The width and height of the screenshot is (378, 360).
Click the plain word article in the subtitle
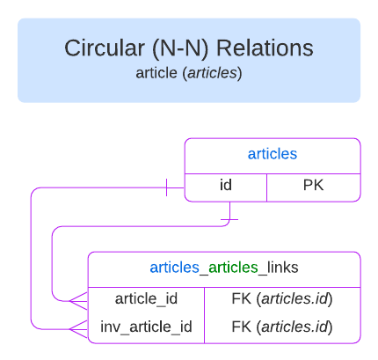click(x=156, y=72)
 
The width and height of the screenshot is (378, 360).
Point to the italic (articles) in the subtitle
click(x=212, y=72)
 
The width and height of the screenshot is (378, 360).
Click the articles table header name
click(x=272, y=154)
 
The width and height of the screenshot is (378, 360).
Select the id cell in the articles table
click(x=225, y=186)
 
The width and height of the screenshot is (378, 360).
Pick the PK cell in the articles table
click(x=314, y=186)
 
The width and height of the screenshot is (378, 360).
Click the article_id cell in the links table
click(x=147, y=299)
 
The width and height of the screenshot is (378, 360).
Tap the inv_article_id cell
click(x=147, y=327)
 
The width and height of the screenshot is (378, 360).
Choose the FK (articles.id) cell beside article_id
click(x=281, y=299)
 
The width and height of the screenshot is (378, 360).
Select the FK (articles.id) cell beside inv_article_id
click(x=281, y=327)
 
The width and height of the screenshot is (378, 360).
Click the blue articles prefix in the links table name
click(x=173, y=268)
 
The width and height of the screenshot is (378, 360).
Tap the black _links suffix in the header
click(x=279, y=268)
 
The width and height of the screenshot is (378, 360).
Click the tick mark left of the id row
click(x=166, y=187)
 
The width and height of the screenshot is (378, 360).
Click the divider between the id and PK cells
click(x=267, y=187)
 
